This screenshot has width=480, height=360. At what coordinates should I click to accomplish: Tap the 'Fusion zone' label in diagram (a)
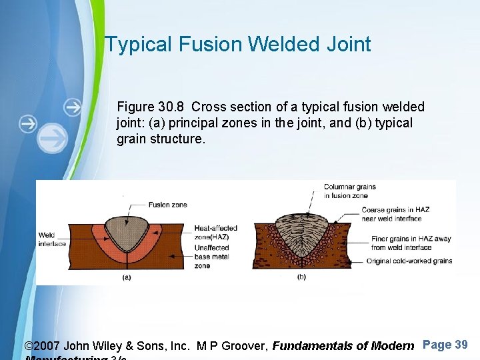167,205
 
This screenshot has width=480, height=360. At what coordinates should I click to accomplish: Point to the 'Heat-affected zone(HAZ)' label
215,232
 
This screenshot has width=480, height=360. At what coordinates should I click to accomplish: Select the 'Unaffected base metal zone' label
212,257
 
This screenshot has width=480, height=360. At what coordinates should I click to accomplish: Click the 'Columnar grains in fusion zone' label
349,191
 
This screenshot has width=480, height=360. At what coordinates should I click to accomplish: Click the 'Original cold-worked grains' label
409,261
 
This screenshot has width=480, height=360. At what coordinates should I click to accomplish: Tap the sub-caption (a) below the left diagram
127,277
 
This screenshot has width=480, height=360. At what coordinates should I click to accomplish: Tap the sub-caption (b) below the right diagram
302,277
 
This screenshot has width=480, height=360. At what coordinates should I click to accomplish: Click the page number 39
461,345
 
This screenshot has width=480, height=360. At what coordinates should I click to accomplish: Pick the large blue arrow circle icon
53,137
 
